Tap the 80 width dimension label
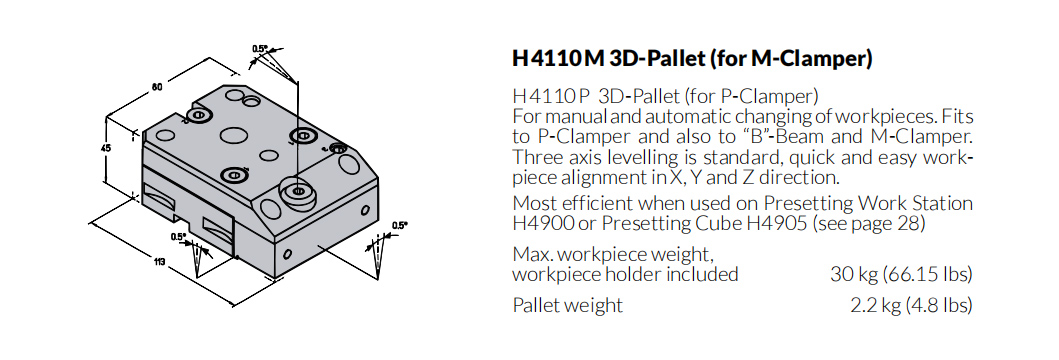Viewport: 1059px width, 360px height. click(x=157, y=87)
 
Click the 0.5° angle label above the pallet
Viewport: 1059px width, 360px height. click(x=260, y=49)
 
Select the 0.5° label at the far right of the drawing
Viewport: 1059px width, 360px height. click(x=400, y=226)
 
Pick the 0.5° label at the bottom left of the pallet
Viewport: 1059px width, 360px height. click(x=179, y=236)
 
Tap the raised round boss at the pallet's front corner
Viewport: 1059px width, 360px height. click(x=297, y=193)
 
